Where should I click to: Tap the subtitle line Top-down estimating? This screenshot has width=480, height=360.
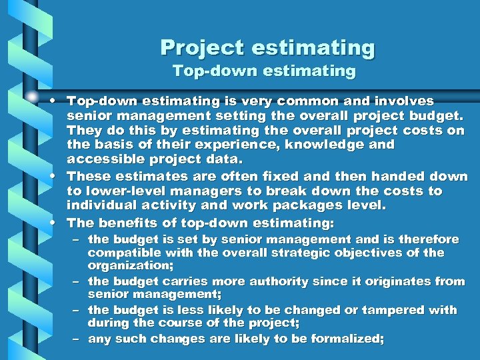click(x=264, y=70)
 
